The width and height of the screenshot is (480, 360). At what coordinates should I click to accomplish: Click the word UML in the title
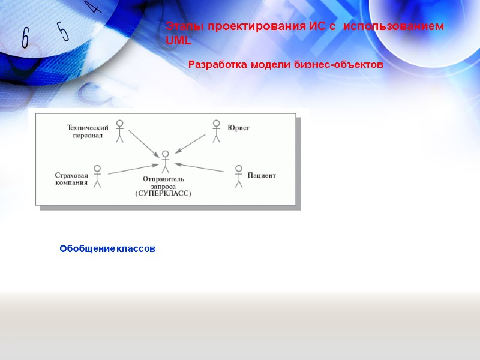pos(178,40)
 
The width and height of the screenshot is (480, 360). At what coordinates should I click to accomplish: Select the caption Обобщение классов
pos(107,248)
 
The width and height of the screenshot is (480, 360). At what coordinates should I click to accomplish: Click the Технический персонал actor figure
pos(119,131)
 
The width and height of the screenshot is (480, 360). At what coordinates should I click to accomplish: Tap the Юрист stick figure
pos(217,131)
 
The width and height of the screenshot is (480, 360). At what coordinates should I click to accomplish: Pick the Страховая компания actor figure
pos(97,176)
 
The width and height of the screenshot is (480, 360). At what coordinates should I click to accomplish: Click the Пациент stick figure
pos(238,176)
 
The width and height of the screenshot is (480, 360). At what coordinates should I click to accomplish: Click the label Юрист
pos(238,128)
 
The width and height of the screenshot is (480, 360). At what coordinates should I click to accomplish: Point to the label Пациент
pos(262,176)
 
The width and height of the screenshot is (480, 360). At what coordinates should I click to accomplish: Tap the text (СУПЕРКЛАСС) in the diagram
pos(163,193)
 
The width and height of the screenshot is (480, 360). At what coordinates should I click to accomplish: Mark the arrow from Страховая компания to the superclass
pos(133,170)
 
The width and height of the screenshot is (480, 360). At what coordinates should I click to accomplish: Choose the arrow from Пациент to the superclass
pos(199,168)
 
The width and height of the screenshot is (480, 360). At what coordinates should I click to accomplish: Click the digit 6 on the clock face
pos(25,38)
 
